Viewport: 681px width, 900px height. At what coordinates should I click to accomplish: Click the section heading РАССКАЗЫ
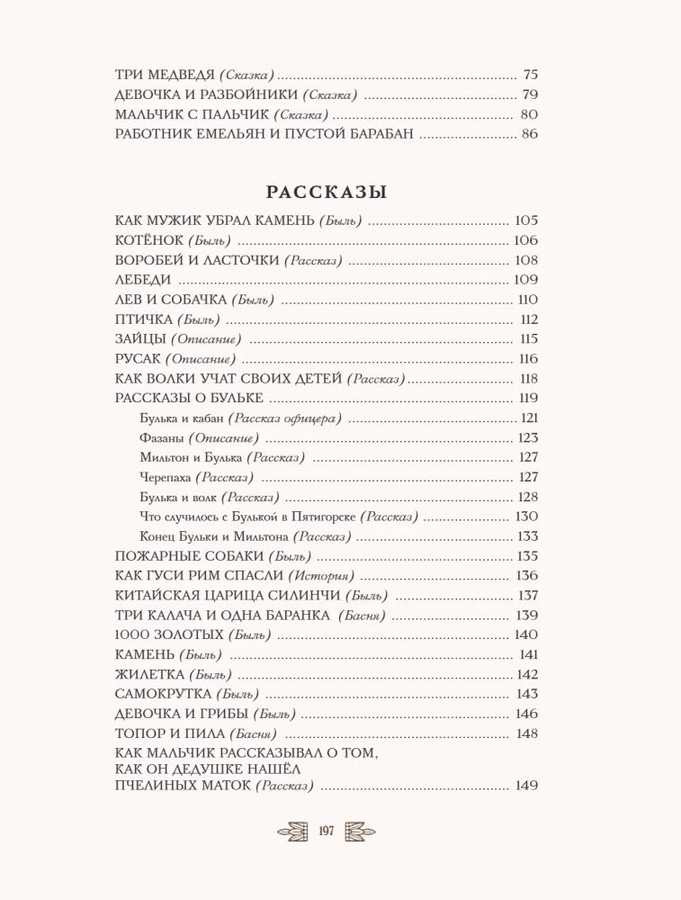click(327, 192)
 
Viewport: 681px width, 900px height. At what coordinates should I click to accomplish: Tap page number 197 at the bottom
click(326, 831)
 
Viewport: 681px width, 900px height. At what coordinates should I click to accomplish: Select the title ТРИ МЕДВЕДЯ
click(166, 76)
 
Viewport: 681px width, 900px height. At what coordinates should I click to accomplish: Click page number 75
click(529, 76)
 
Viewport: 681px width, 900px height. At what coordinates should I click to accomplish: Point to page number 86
click(529, 135)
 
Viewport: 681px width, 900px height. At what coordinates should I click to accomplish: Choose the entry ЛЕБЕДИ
click(144, 280)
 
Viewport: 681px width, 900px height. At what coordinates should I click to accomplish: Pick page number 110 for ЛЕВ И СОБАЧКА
click(528, 300)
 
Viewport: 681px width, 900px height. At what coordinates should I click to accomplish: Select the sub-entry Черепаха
click(166, 477)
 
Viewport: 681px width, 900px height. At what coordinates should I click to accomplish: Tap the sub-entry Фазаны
click(162, 437)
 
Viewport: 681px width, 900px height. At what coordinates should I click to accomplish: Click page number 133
click(528, 536)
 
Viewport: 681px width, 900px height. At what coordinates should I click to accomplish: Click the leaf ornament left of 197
click(293, 831)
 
